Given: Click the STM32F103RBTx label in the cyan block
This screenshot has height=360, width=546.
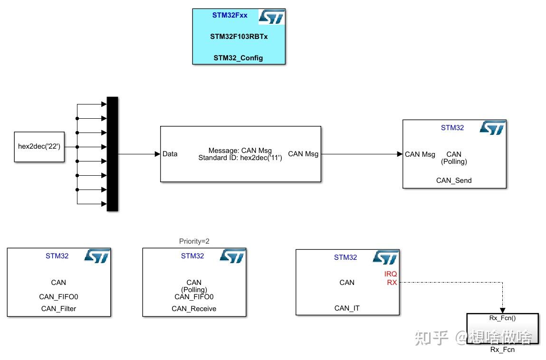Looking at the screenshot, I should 239,37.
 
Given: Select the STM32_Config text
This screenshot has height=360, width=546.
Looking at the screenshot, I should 238,58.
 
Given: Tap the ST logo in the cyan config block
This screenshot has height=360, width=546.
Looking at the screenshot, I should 271,18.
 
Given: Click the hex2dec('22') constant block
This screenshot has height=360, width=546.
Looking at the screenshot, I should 39,147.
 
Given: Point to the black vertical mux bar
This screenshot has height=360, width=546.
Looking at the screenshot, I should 112,154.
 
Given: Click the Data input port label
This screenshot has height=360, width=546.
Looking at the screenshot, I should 170,154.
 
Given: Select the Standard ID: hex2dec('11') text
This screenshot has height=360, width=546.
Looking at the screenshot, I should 240,158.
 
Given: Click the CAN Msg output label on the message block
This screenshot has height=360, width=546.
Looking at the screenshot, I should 303,154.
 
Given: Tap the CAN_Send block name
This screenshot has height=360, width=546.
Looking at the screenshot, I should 454,180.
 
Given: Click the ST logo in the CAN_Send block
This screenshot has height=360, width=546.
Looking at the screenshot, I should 492,128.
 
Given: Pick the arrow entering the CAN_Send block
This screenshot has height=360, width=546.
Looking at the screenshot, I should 400,154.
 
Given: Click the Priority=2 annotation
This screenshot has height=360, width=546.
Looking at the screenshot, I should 194,241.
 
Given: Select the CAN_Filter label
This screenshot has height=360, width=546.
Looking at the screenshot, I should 58,309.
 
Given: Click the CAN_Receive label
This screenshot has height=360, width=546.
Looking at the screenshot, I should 194,309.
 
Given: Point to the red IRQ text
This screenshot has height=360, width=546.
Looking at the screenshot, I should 391,274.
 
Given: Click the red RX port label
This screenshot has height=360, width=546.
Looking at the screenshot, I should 392,282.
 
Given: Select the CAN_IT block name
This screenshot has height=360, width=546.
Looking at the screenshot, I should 347,308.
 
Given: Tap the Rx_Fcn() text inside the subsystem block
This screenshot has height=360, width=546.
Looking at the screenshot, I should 502,318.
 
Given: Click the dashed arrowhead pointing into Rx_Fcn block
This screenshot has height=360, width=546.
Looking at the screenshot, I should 502,311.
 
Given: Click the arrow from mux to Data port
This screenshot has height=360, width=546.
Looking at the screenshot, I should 157,154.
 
